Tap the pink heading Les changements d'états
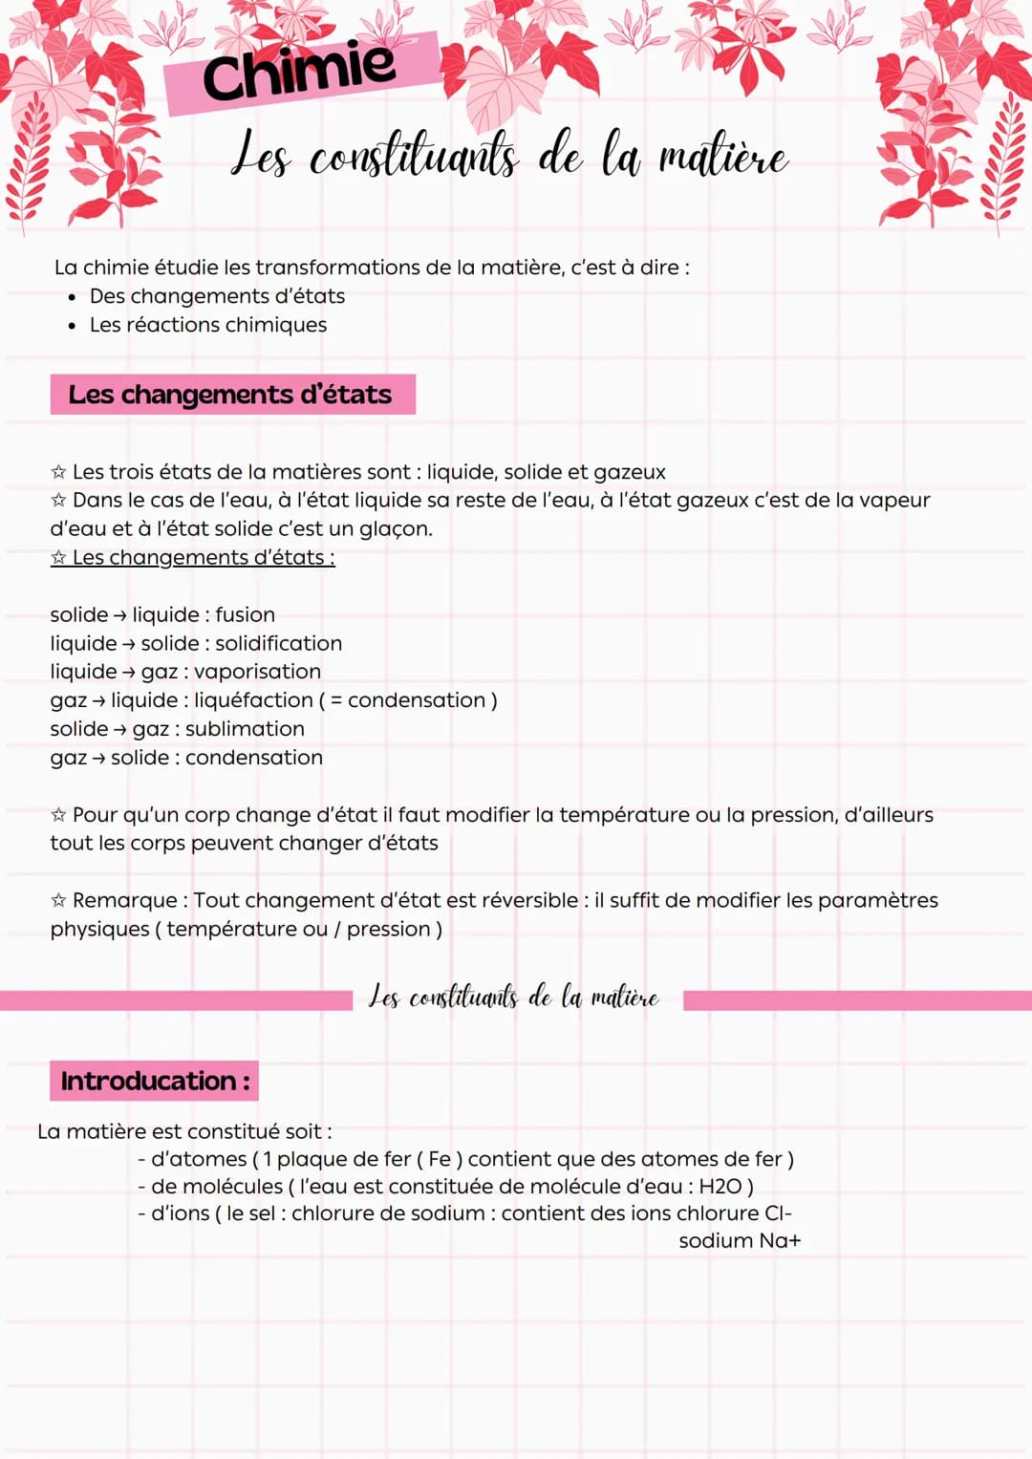point(231,395)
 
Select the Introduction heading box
point(155,1081)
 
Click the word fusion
point(246,614)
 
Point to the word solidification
point(278,643)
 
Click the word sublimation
point(245,729)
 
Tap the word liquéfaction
point(253,700)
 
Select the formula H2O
point(720,1187)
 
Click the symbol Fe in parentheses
point(440,1159)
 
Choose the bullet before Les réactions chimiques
point(72,326)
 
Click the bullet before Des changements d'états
point(72,297)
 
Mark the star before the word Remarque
point(58,901)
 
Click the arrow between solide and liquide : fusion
point(120,615)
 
